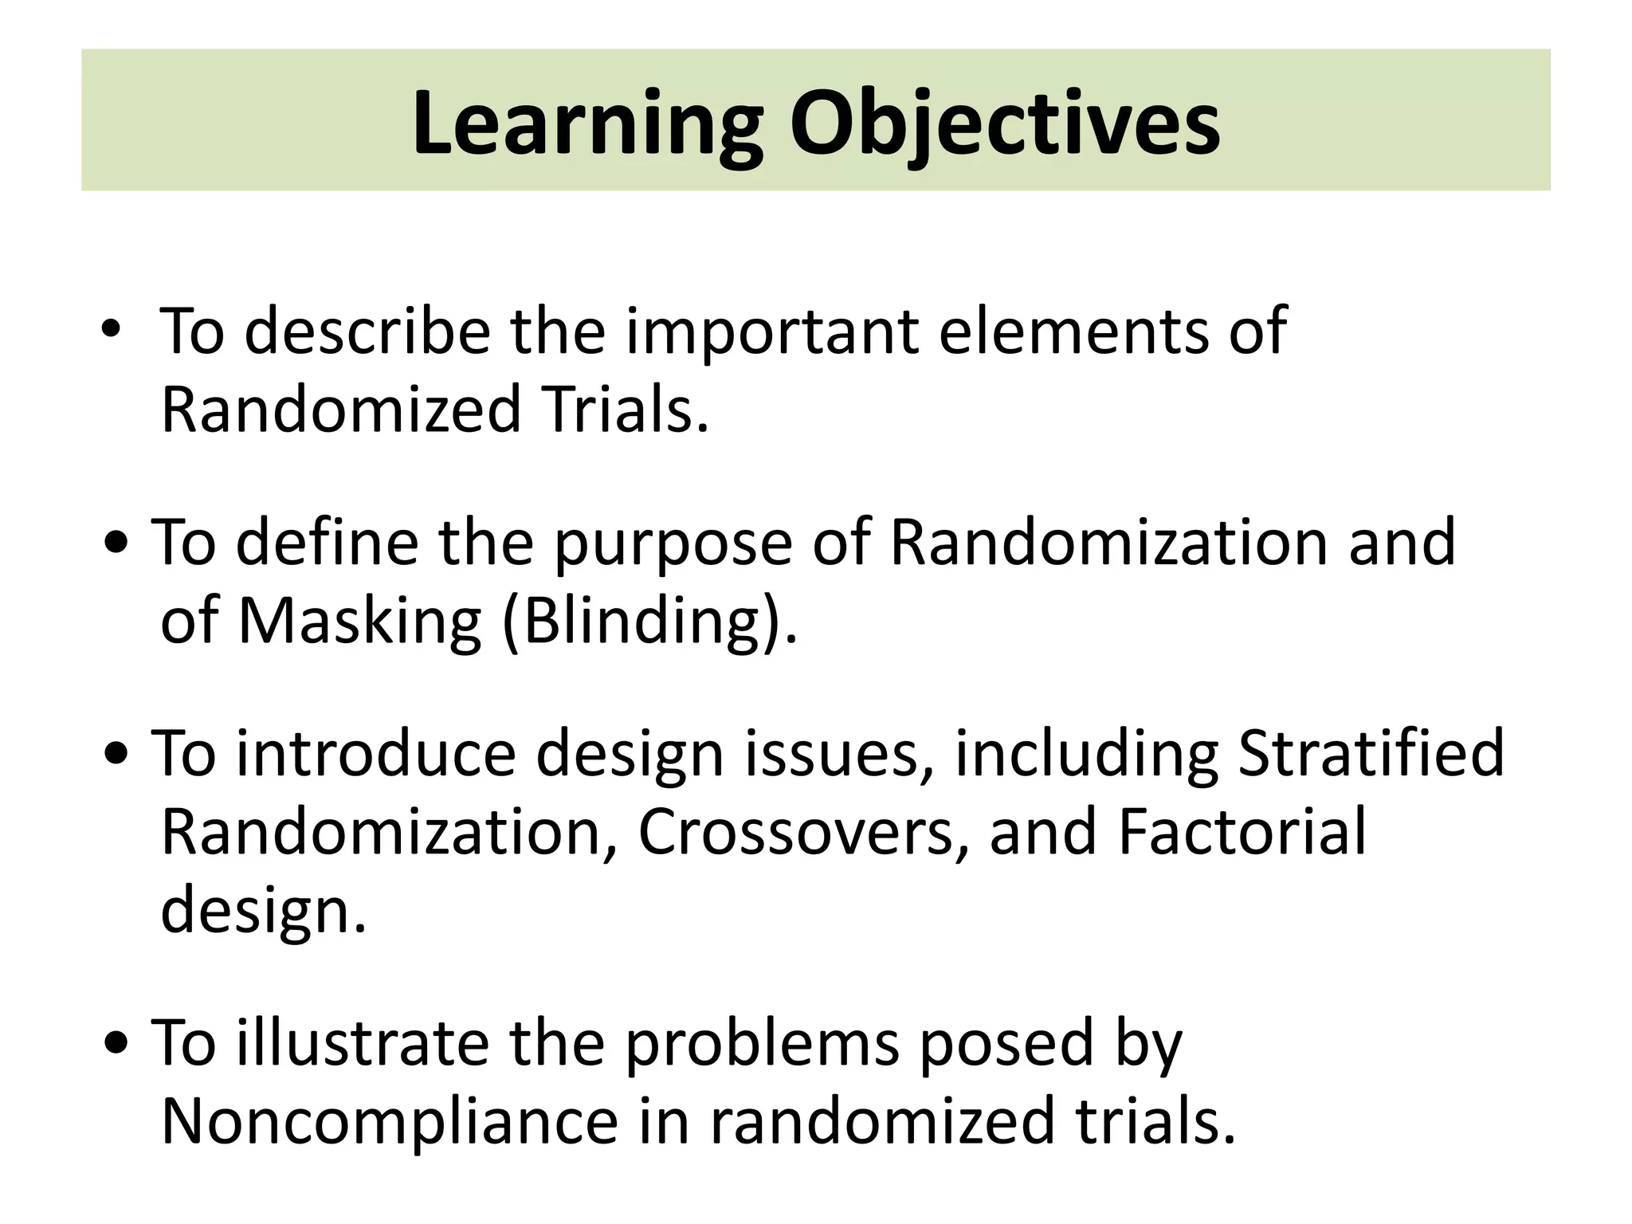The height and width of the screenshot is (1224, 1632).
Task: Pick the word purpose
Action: (x=673, y=546)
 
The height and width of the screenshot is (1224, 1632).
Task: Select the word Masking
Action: (x=359, y=622)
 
